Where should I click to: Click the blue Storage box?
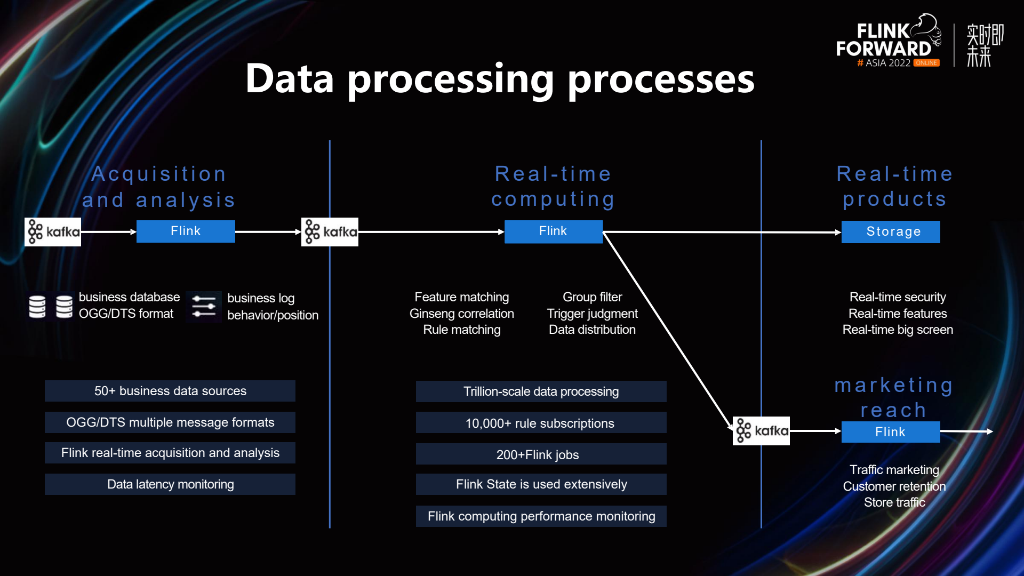tap(891, 232)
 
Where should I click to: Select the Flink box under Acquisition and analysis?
tap(186, 231)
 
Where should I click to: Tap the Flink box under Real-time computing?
tap(554, 231)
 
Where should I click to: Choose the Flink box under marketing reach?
tap(891, 432)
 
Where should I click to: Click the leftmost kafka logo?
tap(53, 232)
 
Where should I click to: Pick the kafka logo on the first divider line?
tap(330, 232)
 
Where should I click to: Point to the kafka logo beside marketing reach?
tap(761, 431)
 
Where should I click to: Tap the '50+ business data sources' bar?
tap(170, 391)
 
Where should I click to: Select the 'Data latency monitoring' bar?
tap(170, 484)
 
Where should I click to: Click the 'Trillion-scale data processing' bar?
tap(541, 391)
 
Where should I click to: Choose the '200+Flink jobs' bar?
tap(541, 454)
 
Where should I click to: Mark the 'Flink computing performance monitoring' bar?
tap(541, 516)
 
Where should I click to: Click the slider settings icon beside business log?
tap(204, 307)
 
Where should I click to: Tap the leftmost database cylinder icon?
tap(37, 307)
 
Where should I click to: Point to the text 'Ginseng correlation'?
tap(462, 314)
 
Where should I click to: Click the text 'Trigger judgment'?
tap(592, 314)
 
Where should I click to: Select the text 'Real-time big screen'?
tap(898, 330)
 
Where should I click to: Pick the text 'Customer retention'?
tap(894, 486)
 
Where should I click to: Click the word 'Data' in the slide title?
tap(290, 79)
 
